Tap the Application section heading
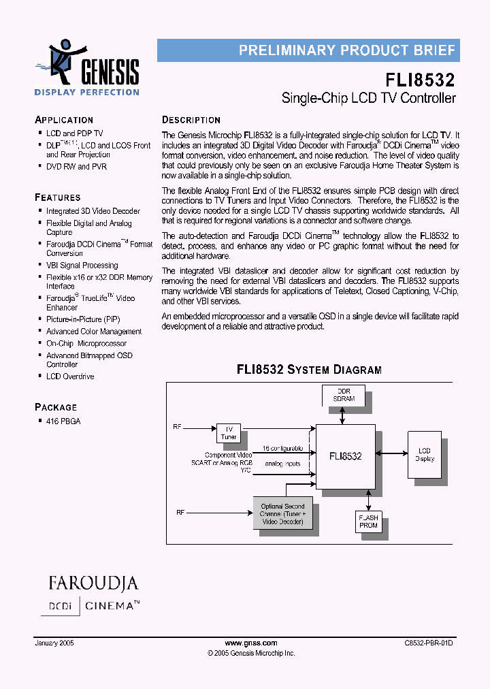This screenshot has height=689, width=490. (x=64, y=120)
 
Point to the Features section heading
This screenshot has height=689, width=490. (x=58, y=197)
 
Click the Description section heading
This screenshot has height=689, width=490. (x=191, y=120)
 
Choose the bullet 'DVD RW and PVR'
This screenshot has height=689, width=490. (x=76, y=167)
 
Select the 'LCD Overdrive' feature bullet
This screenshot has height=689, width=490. (x=70, y=376)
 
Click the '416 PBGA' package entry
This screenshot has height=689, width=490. (x=63, y=421)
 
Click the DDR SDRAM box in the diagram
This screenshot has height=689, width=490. (x=344, y=396)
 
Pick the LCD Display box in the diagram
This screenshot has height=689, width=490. (x=425, y=455)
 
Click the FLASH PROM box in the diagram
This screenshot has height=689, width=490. (x=368, y=522)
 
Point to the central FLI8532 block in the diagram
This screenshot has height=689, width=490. (x=345, y=456)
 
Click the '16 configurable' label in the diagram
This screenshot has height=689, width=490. (x=283, y=449)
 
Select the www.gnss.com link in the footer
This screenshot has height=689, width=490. (x=251, y=643)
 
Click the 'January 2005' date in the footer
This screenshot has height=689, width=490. (x=54, y=643)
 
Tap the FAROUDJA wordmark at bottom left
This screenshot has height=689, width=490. (x=93, y=583)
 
